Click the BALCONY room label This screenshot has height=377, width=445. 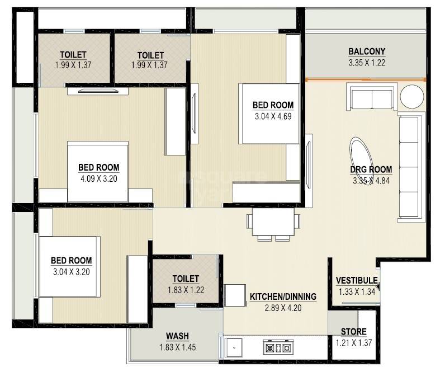(367, 52)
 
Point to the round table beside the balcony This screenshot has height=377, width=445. (413, 97)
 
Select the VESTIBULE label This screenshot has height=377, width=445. (357, 281)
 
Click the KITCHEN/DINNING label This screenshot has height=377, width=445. (283, 296)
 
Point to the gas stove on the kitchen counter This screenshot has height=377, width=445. (277, 347)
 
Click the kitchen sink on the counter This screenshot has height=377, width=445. (234, 348)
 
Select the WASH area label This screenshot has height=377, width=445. (177, 336)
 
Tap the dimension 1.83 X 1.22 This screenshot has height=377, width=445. (186, 290)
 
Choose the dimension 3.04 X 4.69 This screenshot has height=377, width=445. (273, 116)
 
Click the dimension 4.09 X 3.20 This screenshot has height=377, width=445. (98, 179)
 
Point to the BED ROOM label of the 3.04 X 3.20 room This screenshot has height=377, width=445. (71, 261)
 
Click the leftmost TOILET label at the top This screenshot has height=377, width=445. (73, 54)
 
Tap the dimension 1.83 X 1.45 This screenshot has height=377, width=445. (177, 347)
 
